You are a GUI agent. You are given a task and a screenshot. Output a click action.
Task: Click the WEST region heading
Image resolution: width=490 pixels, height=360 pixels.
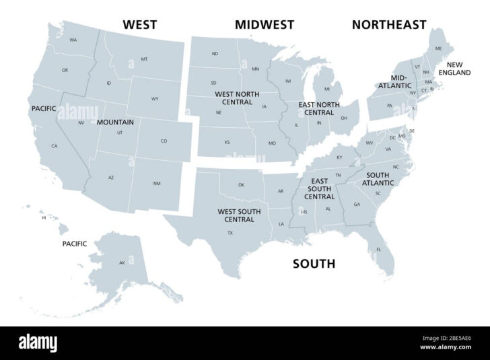(x=139, y=25)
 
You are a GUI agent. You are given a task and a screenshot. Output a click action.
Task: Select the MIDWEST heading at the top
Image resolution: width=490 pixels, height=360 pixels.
(x=265, y=25)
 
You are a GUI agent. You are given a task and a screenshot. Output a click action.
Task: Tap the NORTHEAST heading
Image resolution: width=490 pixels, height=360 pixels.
(x=389, y=25)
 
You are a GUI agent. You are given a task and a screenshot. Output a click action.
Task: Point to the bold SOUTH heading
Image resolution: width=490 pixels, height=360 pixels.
(x=314, y=264)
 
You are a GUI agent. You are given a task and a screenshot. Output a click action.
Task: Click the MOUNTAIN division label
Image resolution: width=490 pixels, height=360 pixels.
(x=115, y=122)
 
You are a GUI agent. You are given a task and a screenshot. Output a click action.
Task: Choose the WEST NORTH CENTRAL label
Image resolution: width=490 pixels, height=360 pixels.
(x=234, y=98)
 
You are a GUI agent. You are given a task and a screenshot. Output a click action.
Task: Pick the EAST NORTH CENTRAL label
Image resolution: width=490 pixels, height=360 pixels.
(x=319, y=108)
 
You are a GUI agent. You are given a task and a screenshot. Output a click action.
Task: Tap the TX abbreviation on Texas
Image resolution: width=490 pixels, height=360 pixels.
(x=230, y=233)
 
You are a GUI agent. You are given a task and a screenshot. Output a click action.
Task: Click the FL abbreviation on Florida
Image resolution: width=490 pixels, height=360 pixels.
(x=379, y=250)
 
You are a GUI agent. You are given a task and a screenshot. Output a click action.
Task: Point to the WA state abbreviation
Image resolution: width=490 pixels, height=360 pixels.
(x=73, y=40)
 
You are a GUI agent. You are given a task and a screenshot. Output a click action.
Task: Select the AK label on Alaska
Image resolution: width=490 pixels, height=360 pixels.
(x=122, y=262)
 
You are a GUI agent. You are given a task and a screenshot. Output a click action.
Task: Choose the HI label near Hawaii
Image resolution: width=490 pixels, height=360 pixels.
(x=44, y=218)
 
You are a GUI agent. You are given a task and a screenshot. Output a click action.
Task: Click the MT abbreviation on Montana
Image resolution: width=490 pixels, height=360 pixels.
(x=144, y=59)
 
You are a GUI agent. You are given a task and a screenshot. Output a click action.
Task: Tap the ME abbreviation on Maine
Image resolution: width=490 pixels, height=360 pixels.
(x=438, y=48)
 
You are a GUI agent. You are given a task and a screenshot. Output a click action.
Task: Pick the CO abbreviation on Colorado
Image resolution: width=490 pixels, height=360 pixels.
(x=164, y=141)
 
